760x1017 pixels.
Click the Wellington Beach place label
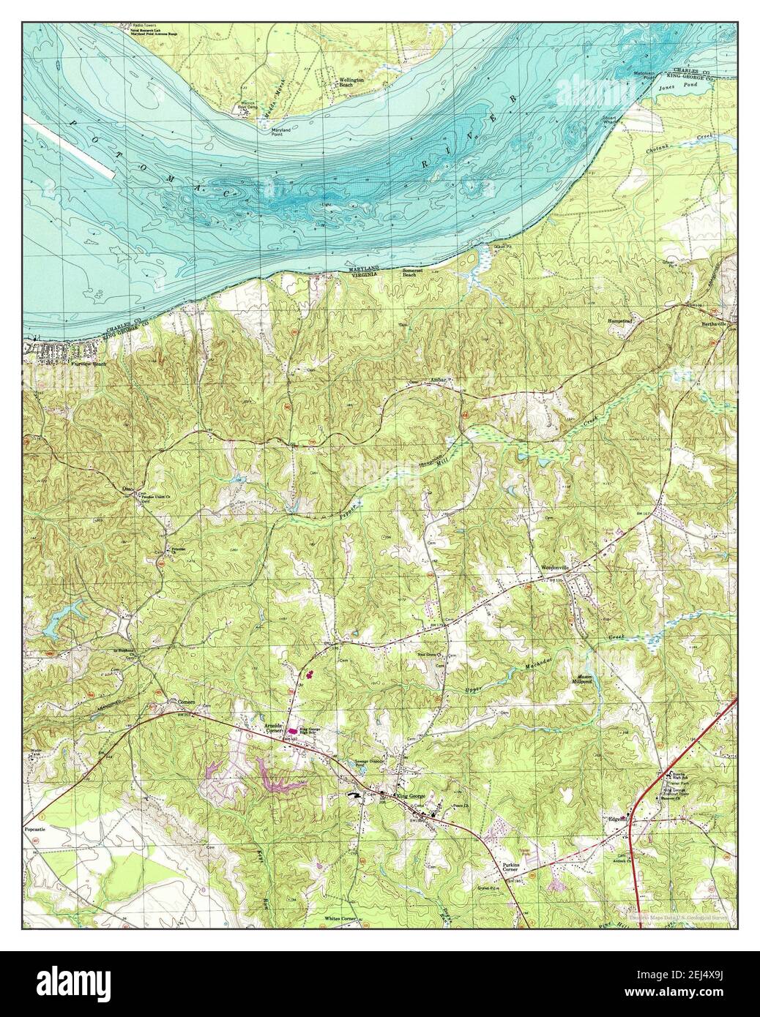click(x=348, y=83)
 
